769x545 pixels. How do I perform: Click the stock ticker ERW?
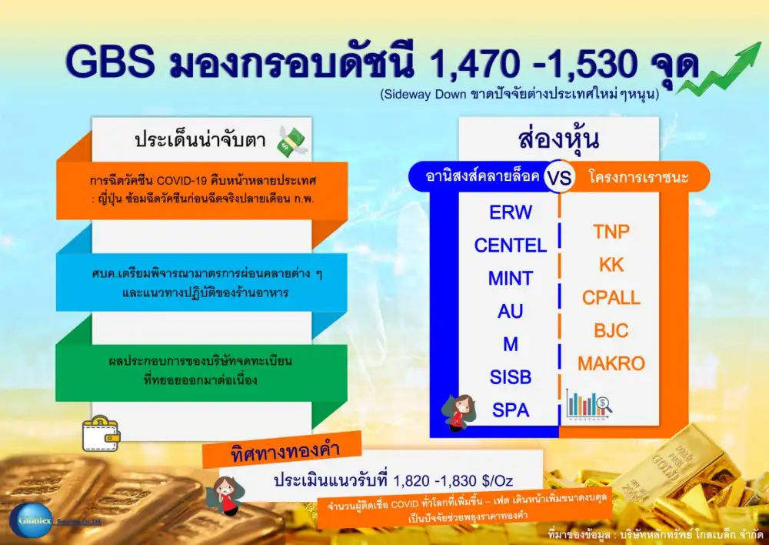(x=511, y=212)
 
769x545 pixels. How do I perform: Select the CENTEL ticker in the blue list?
(x=511, y=245)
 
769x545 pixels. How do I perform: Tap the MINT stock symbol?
(x=511, y=279)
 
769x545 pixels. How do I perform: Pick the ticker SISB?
(x=511, y=377)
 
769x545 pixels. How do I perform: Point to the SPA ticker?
(x=511, y=410)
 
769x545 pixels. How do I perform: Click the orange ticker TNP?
(x=611, y=232)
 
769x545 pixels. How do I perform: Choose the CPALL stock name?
(x=611, y=298)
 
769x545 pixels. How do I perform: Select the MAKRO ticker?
(x=611, y=363)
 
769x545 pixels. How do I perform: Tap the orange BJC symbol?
(x=611, y=330)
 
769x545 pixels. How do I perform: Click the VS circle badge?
(x=559, y=177)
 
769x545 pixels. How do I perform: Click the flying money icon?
(x=291, y=142)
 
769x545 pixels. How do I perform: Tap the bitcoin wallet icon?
(x=101, y=433)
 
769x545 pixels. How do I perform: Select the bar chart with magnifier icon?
(x=588, y=405)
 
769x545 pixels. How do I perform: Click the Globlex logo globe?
(x=31, y=520)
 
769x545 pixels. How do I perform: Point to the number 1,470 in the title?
(x=474, y=65)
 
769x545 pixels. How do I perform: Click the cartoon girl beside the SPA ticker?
(x=459, y=412)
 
